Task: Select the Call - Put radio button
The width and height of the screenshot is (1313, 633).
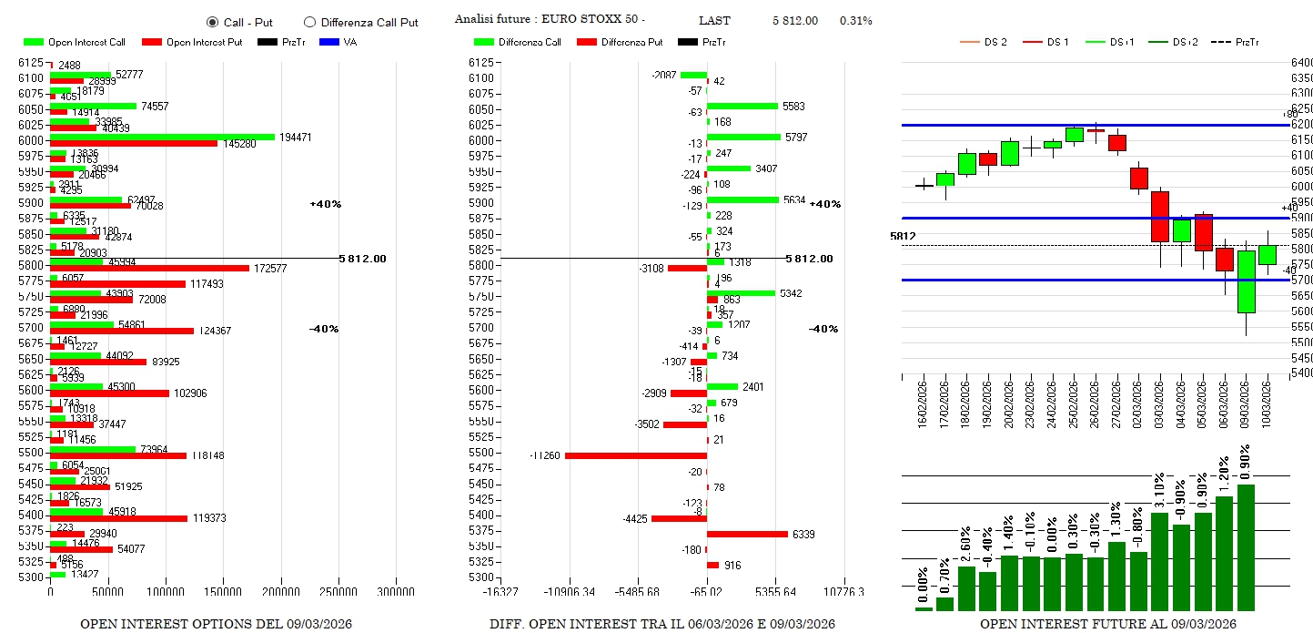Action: [213, 22]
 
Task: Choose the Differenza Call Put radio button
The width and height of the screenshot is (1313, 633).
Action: [310, 22]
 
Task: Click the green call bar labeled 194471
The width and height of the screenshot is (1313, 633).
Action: [162, 137]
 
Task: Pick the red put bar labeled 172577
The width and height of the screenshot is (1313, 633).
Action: [149, 268]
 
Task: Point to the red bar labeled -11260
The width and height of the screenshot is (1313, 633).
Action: [636, 455]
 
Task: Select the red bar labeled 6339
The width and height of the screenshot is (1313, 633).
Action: [747, 534]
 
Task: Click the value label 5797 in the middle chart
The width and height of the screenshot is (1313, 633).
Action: [793, 138]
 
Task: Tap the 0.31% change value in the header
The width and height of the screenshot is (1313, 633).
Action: [855, 21]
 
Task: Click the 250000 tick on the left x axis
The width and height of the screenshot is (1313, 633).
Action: [338, 592]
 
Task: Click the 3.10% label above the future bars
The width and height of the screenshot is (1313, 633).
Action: [1159, 492]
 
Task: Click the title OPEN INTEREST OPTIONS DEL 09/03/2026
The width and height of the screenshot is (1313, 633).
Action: [216, 624]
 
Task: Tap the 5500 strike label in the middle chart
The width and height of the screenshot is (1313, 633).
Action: [483, 453]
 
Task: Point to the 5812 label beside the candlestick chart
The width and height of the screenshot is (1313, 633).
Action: [903, 237]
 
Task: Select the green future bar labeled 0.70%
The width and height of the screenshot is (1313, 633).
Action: [944, 603]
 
